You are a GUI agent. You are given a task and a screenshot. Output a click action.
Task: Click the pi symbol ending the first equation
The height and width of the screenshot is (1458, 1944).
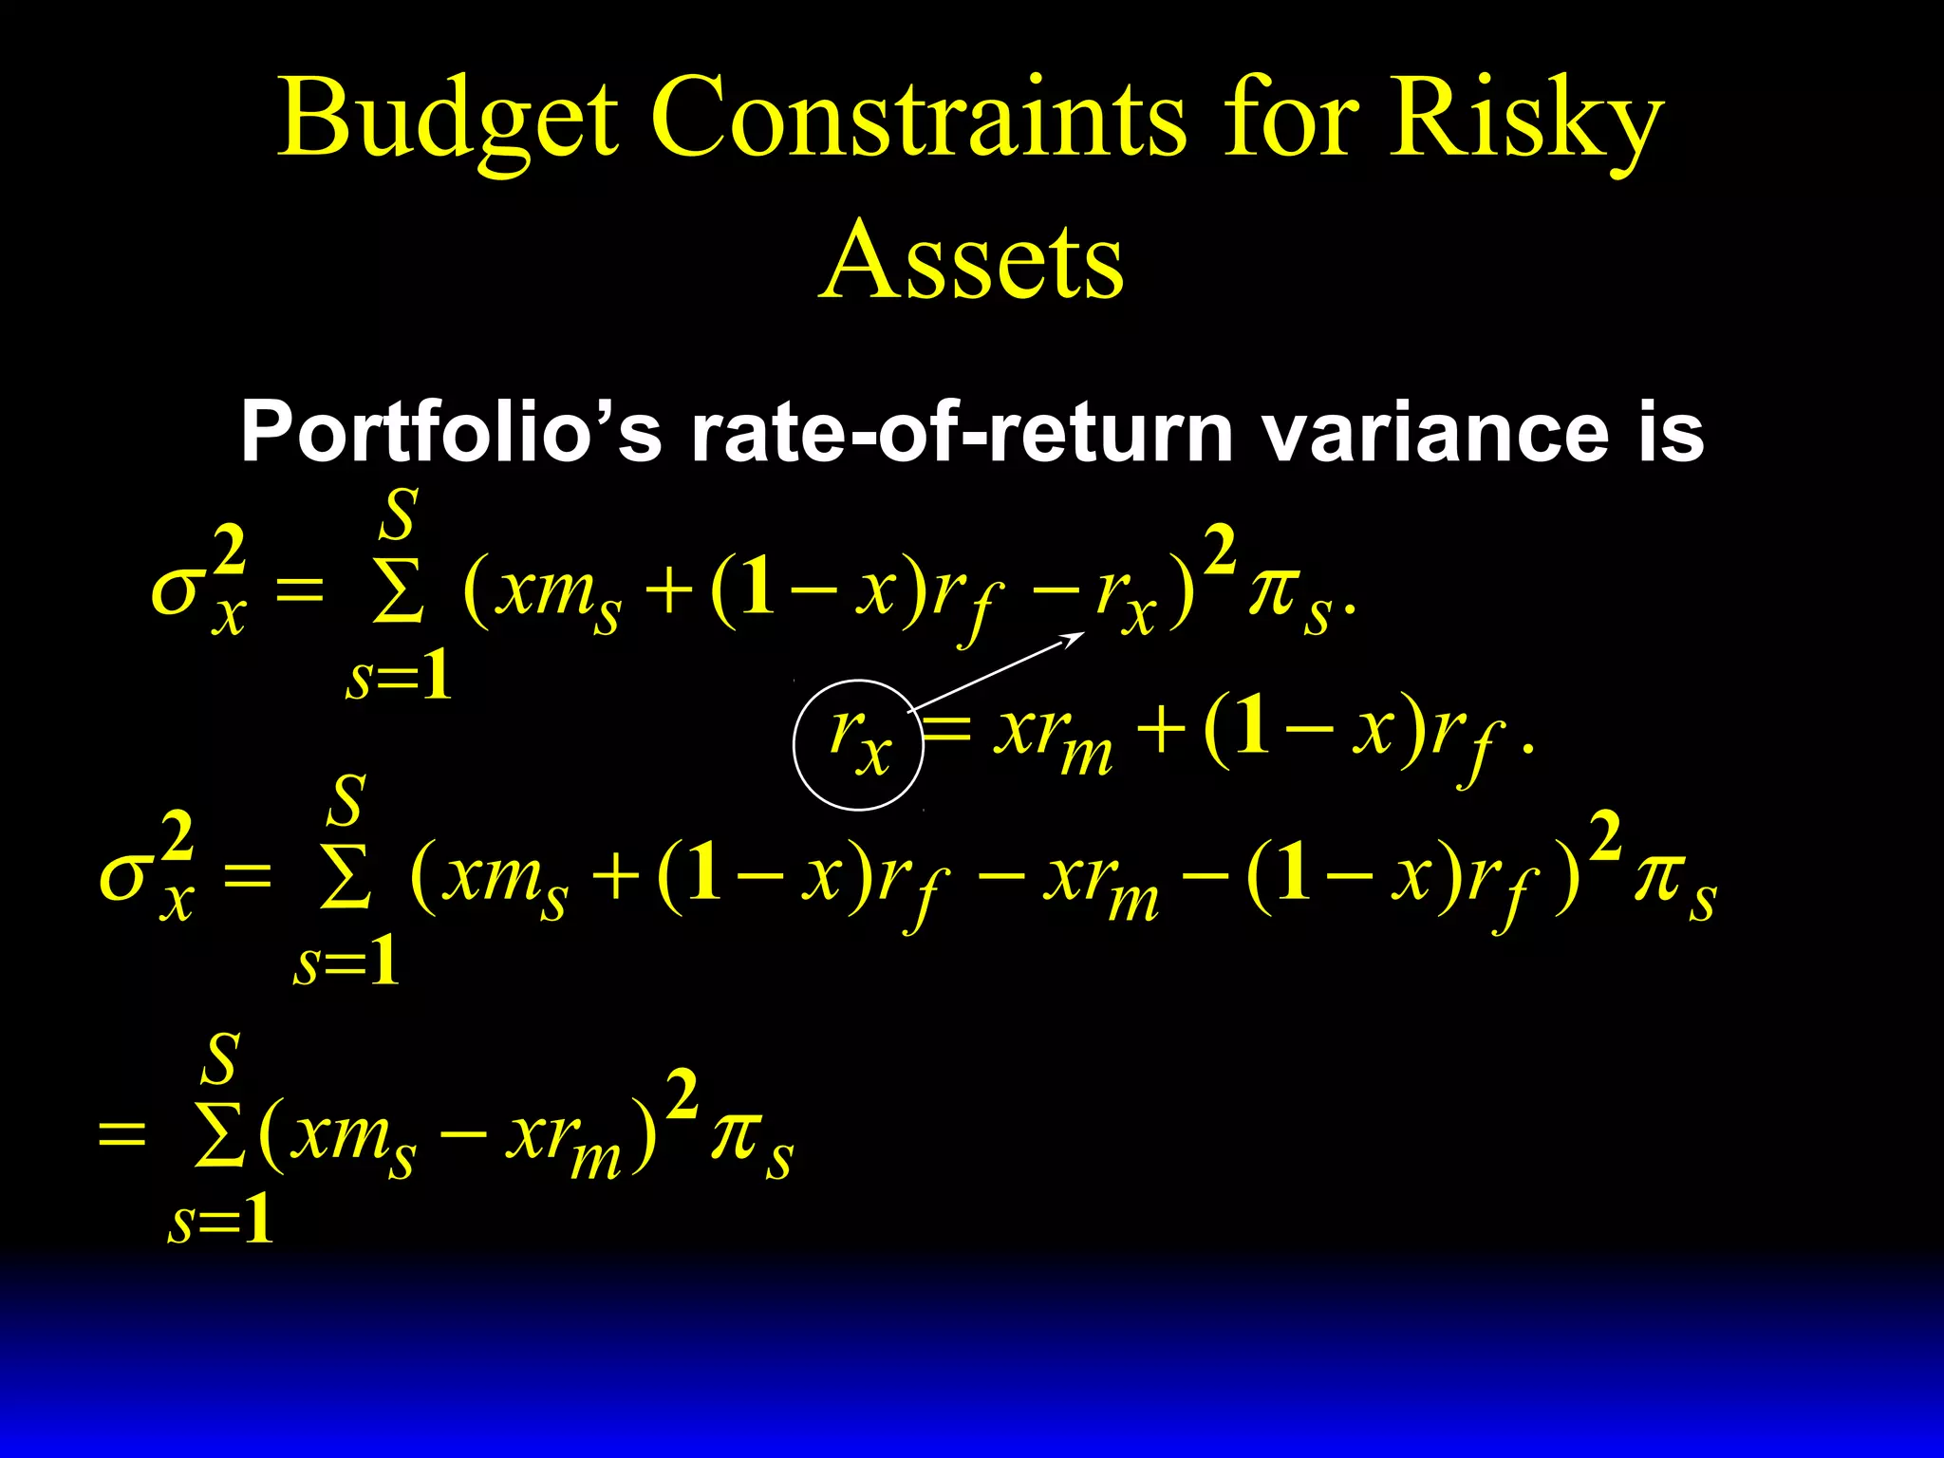pos(1272,594)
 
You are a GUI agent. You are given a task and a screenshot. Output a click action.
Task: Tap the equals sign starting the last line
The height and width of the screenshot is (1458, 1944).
pos(122,1134)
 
